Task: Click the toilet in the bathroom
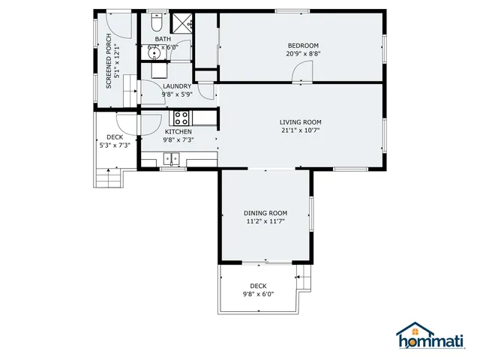[157, 22]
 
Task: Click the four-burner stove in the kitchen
[181, 118]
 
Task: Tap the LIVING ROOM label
[300, 122]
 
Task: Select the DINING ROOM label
[265, 213]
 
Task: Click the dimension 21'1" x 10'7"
[300, 131]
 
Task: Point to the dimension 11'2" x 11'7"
[265, 222]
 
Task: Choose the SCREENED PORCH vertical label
[109, 61]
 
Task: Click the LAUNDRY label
[177, 86]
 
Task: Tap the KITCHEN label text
[178, 131]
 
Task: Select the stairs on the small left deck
[109, 178]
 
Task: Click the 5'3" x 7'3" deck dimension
[115, 145]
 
